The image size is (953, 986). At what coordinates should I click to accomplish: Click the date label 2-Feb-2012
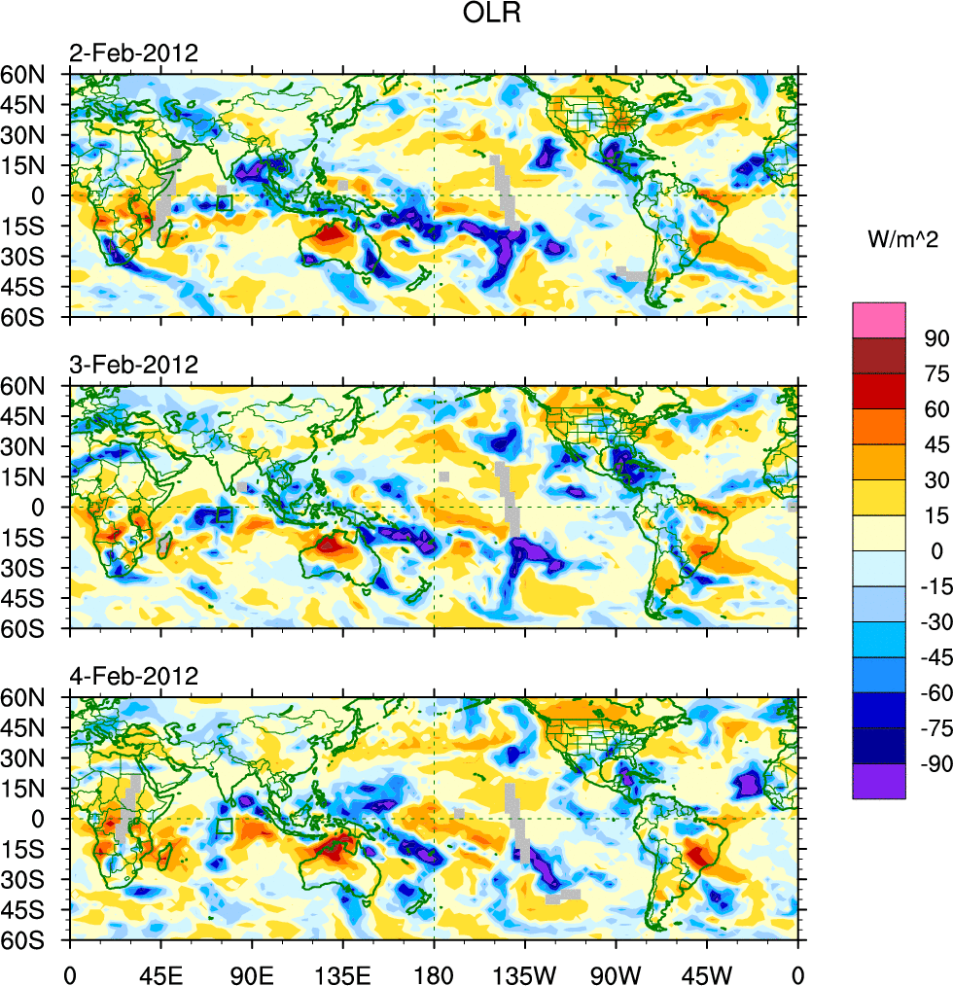click(133, 53)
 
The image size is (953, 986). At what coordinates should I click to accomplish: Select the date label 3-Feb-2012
click(133, 365)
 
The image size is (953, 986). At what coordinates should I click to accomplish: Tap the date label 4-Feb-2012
click(133, 676)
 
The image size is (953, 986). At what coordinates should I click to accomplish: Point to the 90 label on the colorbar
click(936, 337)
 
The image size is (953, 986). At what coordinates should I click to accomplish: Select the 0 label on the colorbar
click(936, 550)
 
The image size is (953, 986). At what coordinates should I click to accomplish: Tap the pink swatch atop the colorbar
click(879, 320)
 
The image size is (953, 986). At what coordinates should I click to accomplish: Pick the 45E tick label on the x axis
click(160, 972)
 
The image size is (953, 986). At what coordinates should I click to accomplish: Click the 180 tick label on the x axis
click(434, 972)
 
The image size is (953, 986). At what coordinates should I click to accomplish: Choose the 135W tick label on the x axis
click(525, 972)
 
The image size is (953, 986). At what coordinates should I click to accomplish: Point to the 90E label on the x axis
click(252, 972)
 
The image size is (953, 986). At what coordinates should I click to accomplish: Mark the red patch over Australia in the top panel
click(329, 233)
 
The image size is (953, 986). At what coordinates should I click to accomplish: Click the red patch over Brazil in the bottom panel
click(697, 857)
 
